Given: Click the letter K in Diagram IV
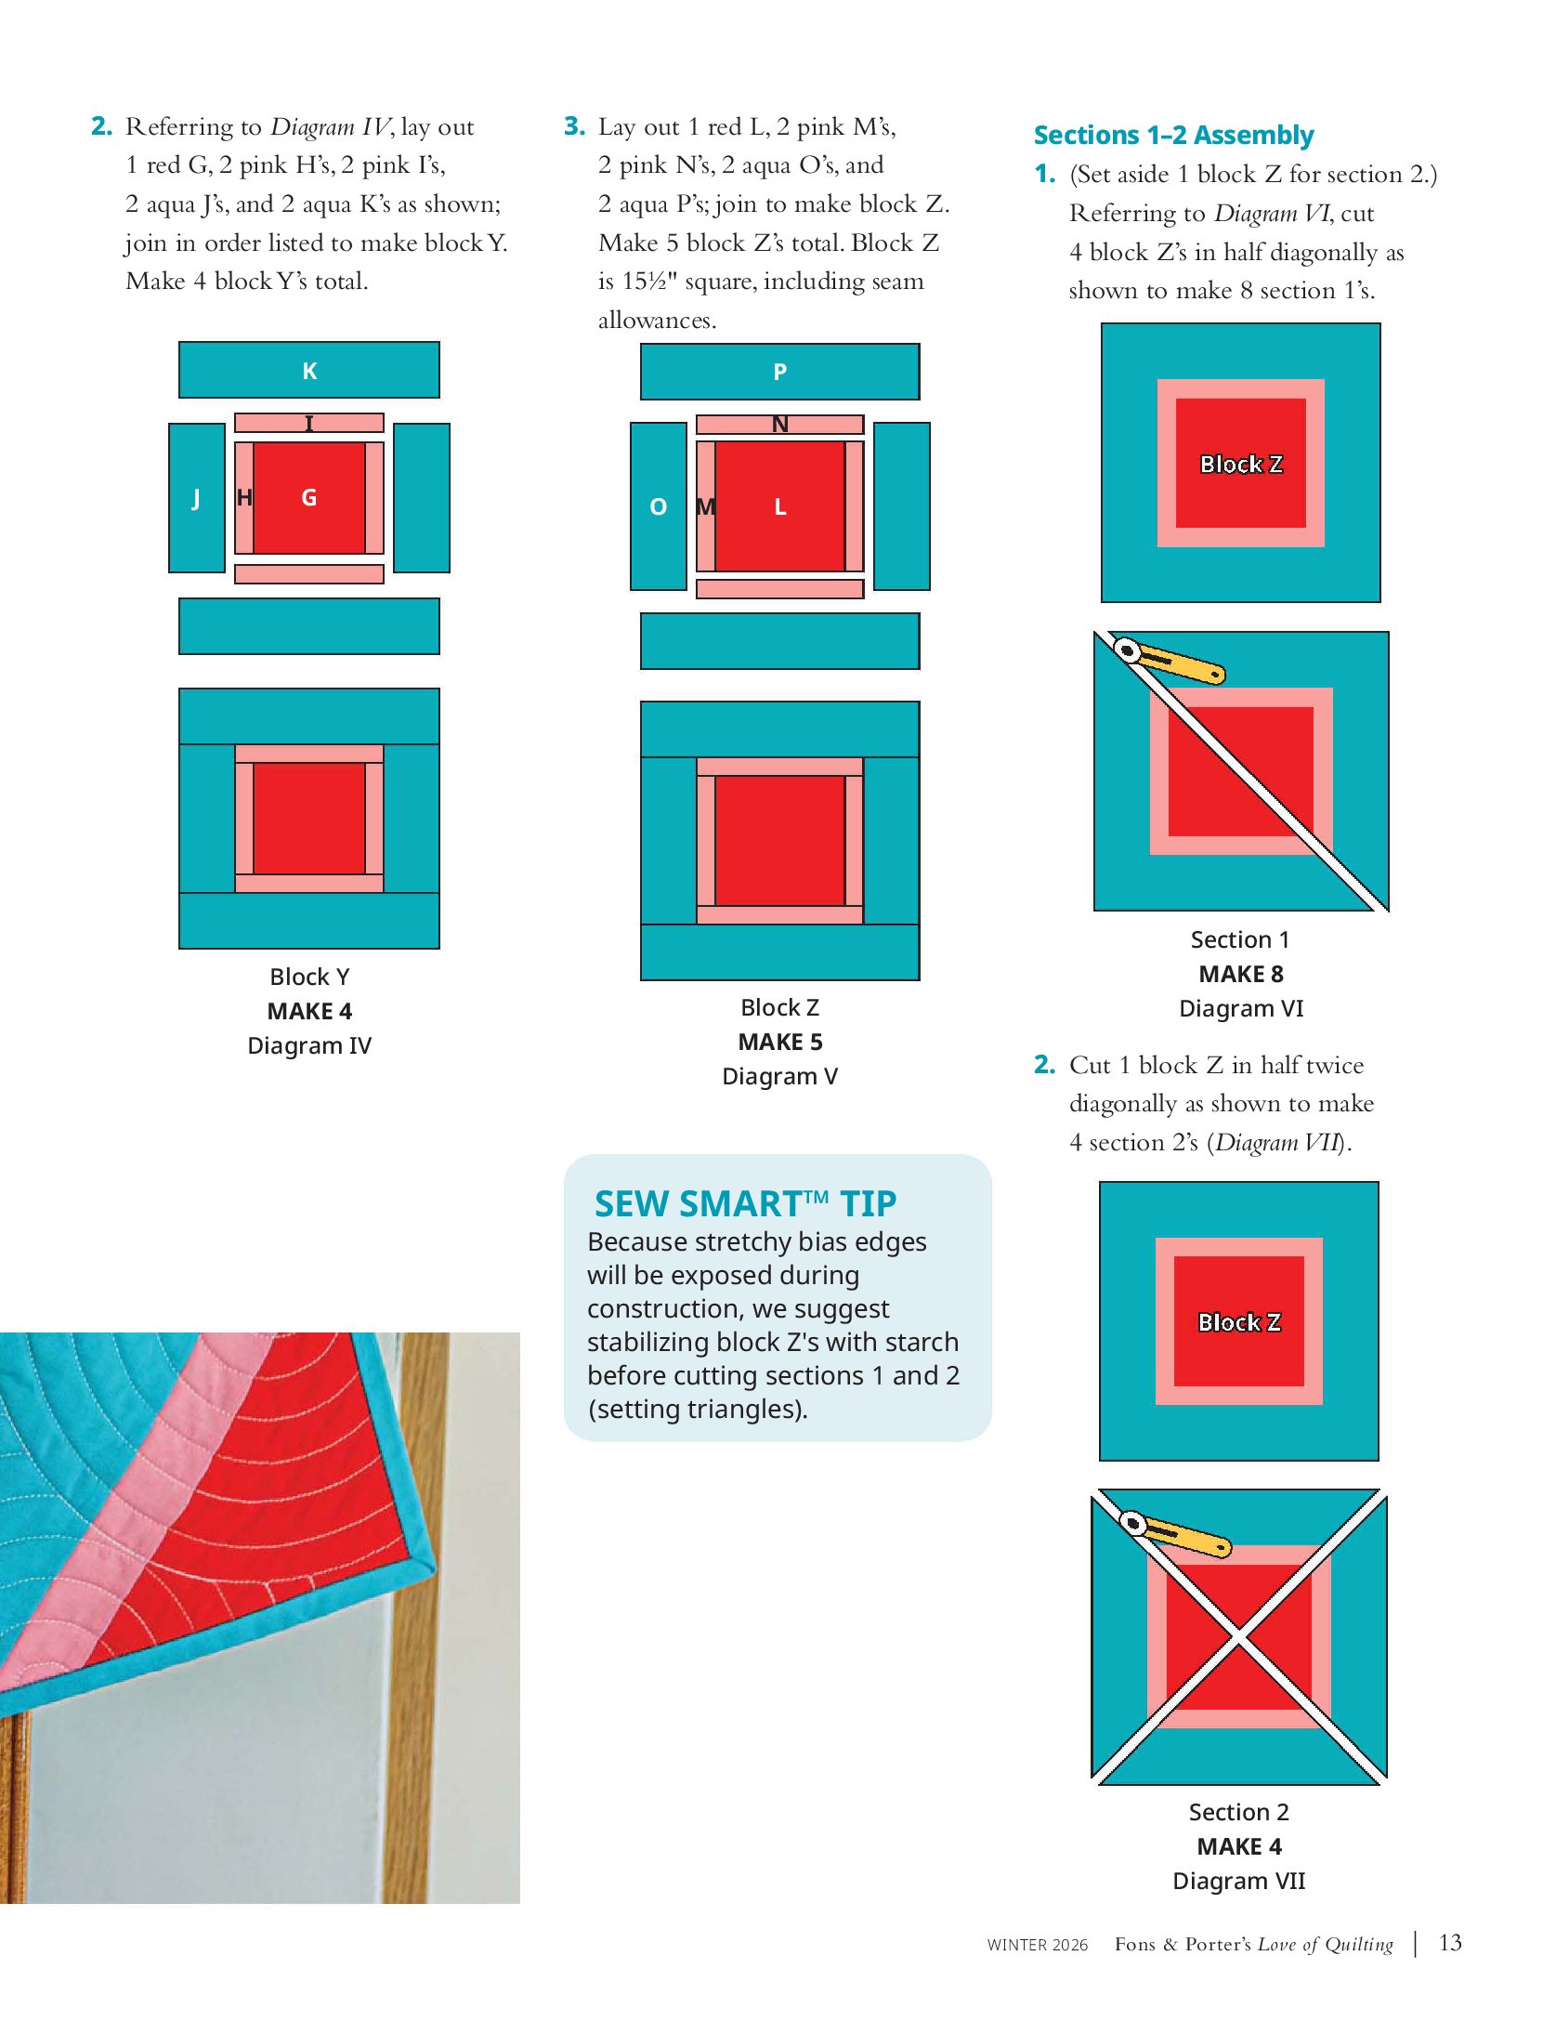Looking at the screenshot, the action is pos(309,372).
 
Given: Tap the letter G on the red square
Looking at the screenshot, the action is pos(309,498).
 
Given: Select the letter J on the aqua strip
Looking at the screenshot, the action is pos(196,499).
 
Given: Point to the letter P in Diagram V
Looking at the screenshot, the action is pos(780,373).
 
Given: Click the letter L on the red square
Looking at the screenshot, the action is pos(780,507).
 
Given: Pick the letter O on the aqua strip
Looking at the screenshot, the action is pos(659,507).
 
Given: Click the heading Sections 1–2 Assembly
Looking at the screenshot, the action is pos(1173,135).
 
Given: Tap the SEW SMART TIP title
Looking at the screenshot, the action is pos(745,1204).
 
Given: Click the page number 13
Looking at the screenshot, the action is pos(1450,1943).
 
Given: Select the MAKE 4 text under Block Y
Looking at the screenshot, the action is pos(309,1011).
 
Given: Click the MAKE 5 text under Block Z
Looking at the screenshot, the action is pos(780,1042).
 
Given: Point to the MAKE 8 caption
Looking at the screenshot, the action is pos(1241,974).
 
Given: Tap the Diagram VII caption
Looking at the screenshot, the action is pos(1239,1882).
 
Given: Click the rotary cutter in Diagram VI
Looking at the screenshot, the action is pos(1169,661).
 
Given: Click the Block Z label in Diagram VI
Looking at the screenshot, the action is pos(1241,464).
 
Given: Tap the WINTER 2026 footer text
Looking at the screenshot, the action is pos(1038,1945).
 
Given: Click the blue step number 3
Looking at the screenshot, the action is pos(574,126).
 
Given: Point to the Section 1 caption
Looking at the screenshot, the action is pos(1240,939).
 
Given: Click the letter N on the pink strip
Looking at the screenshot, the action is pos(780,425).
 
